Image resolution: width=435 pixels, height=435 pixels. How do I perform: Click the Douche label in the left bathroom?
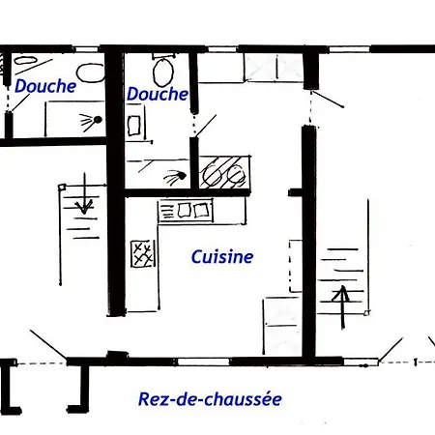(45, 86)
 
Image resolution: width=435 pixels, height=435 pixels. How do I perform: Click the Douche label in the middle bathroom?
(157, 94)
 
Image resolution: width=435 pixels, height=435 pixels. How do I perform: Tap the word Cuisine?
(221, 257)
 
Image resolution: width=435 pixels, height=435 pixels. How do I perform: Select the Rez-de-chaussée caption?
(210, 398)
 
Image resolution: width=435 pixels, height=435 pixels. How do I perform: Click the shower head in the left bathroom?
(91, 121)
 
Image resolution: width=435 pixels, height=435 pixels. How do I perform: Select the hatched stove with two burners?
(224, 173)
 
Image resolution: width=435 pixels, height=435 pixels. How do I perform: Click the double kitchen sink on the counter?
(186, 210)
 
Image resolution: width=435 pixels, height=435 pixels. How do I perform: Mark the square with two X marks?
(143, 253)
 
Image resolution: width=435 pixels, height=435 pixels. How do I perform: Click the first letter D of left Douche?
(19, 86)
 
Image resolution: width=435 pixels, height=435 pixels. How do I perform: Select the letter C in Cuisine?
(196, 257)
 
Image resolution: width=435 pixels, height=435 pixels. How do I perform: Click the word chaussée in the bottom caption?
(246, 398)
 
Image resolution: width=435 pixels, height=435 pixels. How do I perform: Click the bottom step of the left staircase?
(83, 236)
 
